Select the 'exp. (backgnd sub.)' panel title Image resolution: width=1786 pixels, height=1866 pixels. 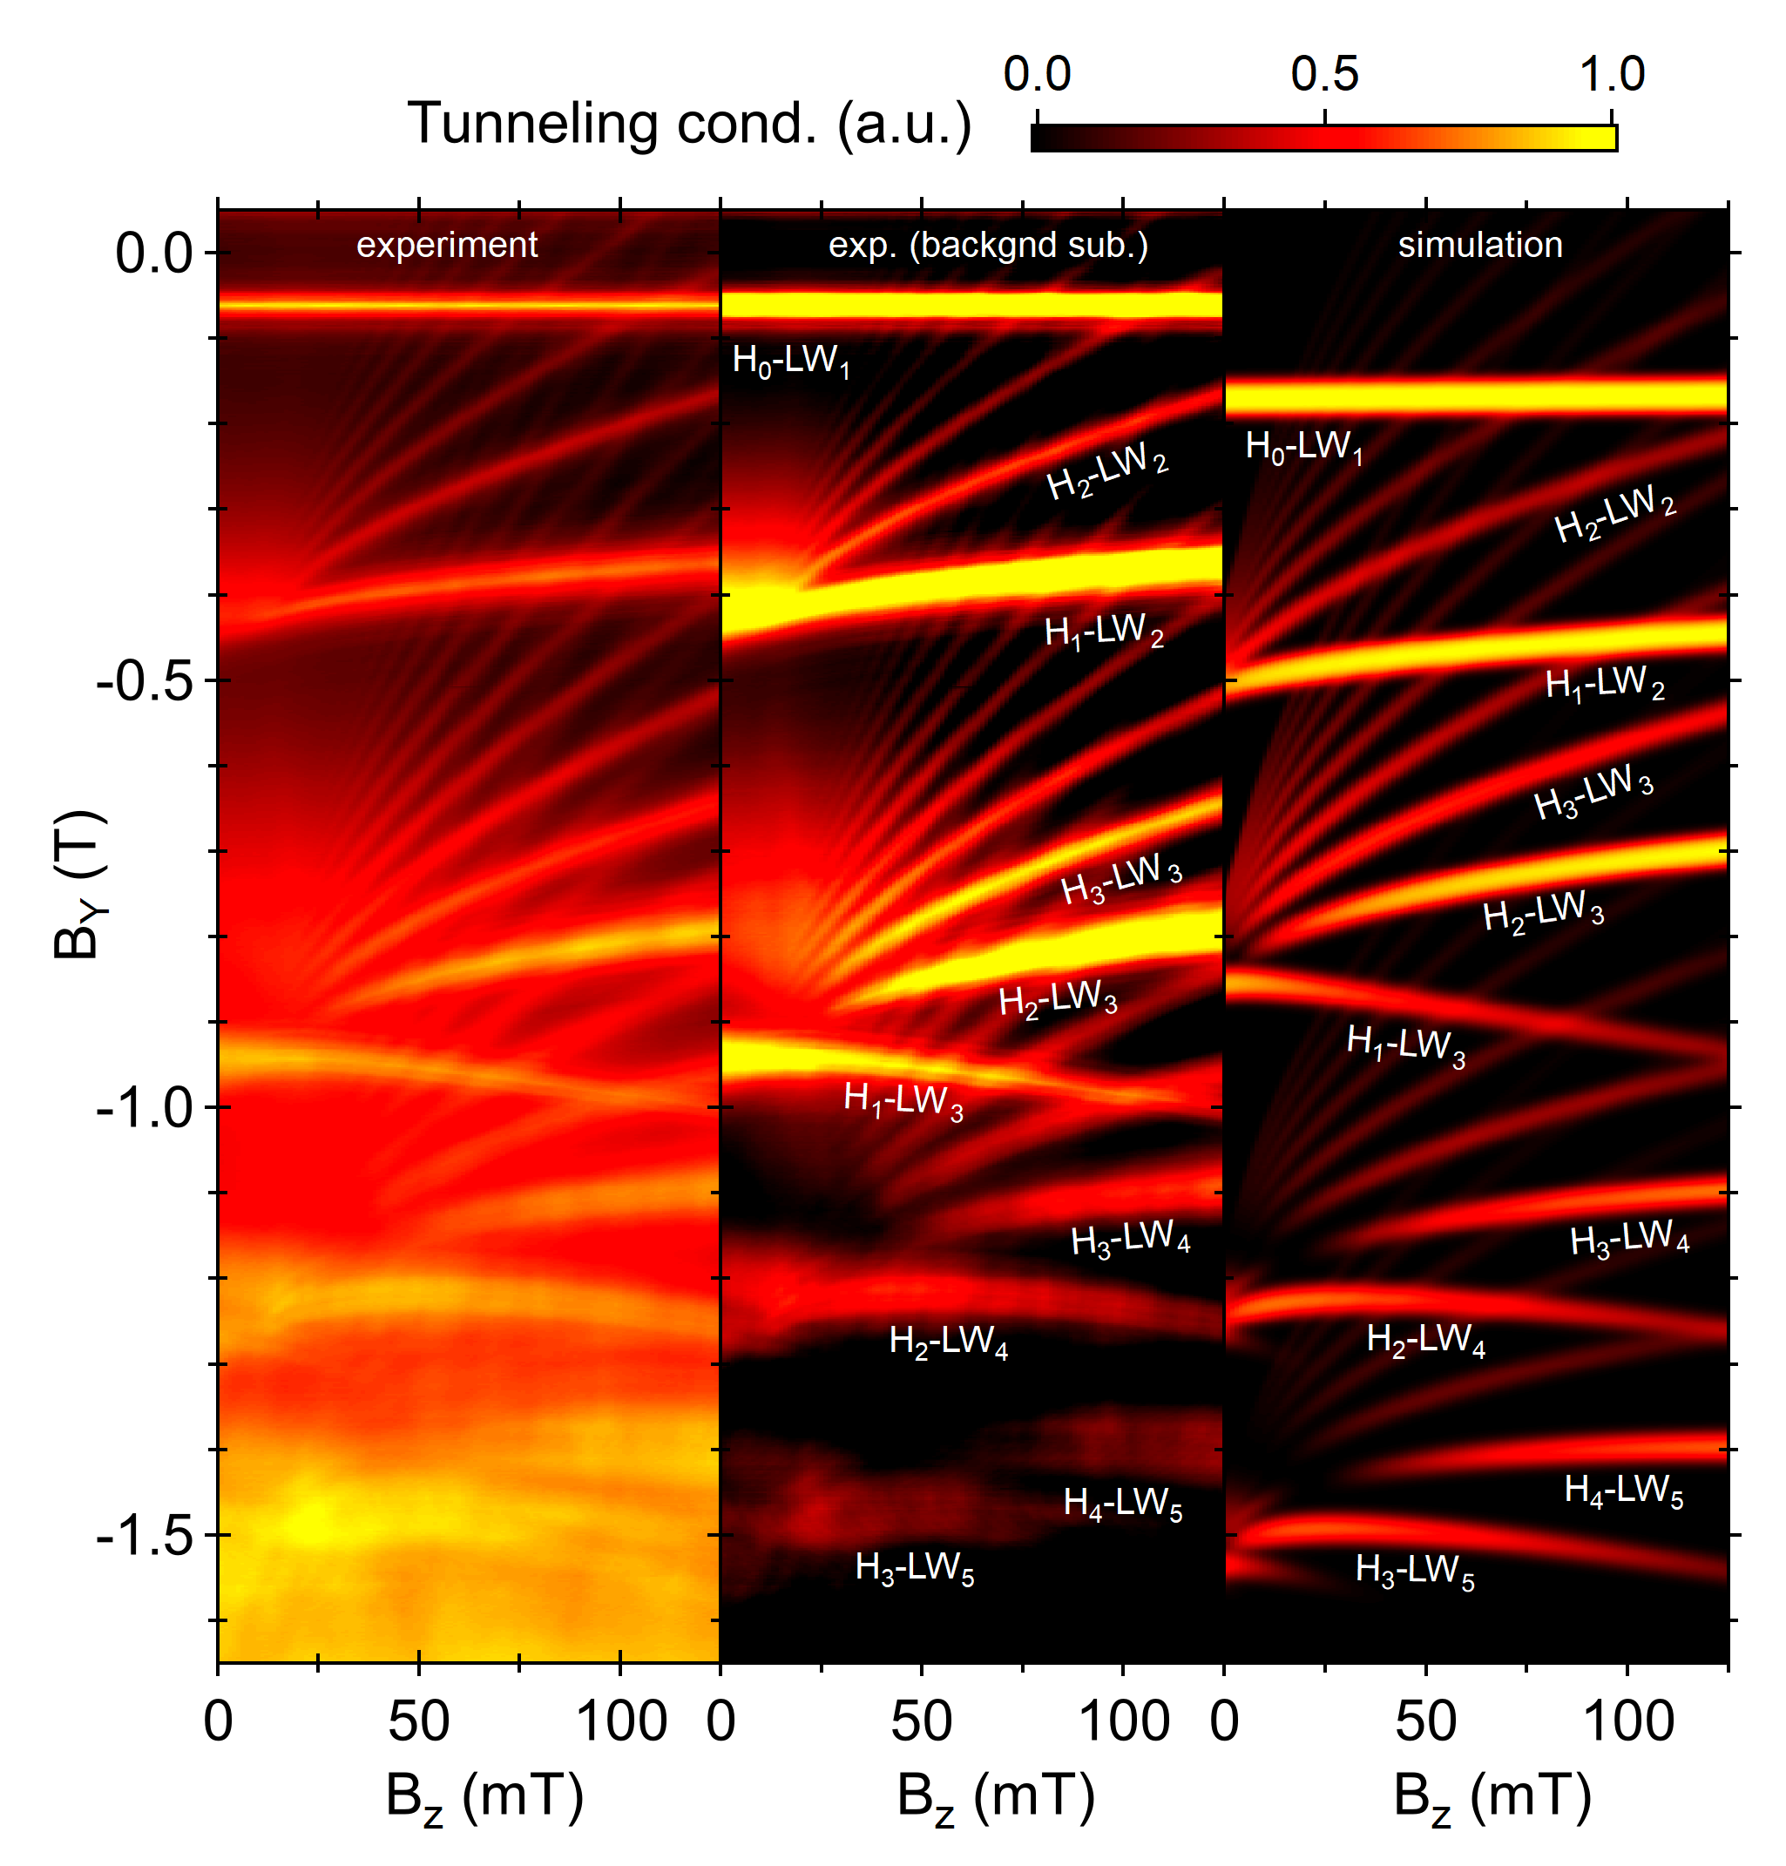[988, 246]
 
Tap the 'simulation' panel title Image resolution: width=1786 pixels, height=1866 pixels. [1479, 246]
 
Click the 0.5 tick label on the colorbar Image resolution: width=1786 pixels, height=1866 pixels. [1324, 74]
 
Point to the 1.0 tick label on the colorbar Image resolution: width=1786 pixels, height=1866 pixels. [1612, 74]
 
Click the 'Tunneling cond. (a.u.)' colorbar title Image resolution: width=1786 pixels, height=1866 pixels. [689, 125]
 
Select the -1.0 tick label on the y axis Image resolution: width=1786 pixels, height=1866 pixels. [144, 1107]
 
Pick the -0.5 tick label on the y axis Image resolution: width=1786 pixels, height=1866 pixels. [144, 680]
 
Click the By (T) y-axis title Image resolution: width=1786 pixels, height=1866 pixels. [78, 884]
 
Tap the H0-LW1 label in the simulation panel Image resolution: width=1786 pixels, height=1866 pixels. [1303, 448]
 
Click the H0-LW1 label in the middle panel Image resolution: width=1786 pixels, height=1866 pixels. [790, 362]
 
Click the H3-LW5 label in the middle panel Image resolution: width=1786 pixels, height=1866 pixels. [914, 1568]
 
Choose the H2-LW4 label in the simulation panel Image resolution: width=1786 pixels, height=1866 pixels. [1425, 1341]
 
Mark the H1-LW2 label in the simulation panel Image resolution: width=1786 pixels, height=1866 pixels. [1604, 685]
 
